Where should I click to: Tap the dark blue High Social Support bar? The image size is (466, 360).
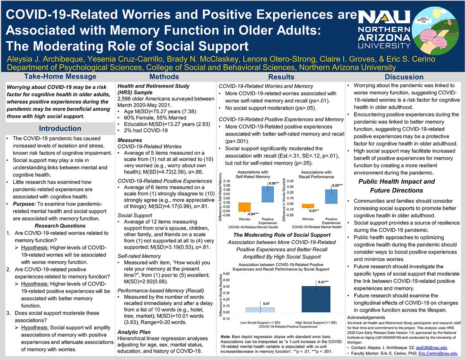pos(316,299)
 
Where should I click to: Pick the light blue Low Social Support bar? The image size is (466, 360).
pos(260,310)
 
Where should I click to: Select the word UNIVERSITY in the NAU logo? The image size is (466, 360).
pos(383,45)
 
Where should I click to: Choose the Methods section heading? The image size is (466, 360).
pos(165,77)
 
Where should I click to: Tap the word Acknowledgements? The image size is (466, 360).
pos(367,317)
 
